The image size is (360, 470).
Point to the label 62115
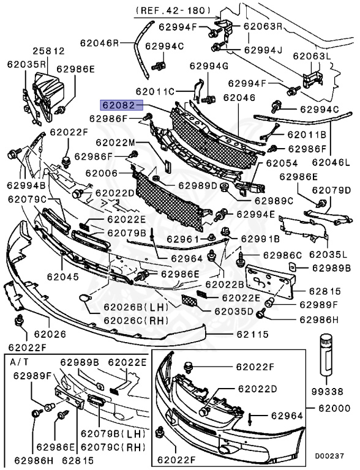[x=253, y=335]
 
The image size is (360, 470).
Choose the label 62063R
[x=262, y=26]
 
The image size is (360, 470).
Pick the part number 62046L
[x=332, y=163]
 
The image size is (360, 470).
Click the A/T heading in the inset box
[x=20, y=362]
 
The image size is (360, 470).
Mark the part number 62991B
[x=260, y=238]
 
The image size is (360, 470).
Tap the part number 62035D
[x=233, y=311]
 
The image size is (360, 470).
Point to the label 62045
[x=64, y=277]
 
